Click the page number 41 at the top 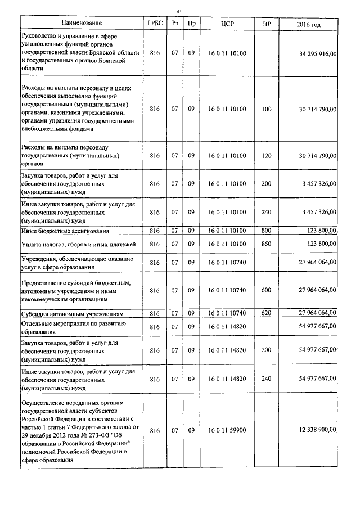click(179, 11)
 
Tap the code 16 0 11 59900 click(227, 429)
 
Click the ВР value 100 click(267, 108)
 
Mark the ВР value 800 click(267, 231)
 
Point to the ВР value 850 click(267, 244)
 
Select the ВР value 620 click(267, 313)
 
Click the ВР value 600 click(267, 290)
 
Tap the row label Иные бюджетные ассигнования click(65, 231)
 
